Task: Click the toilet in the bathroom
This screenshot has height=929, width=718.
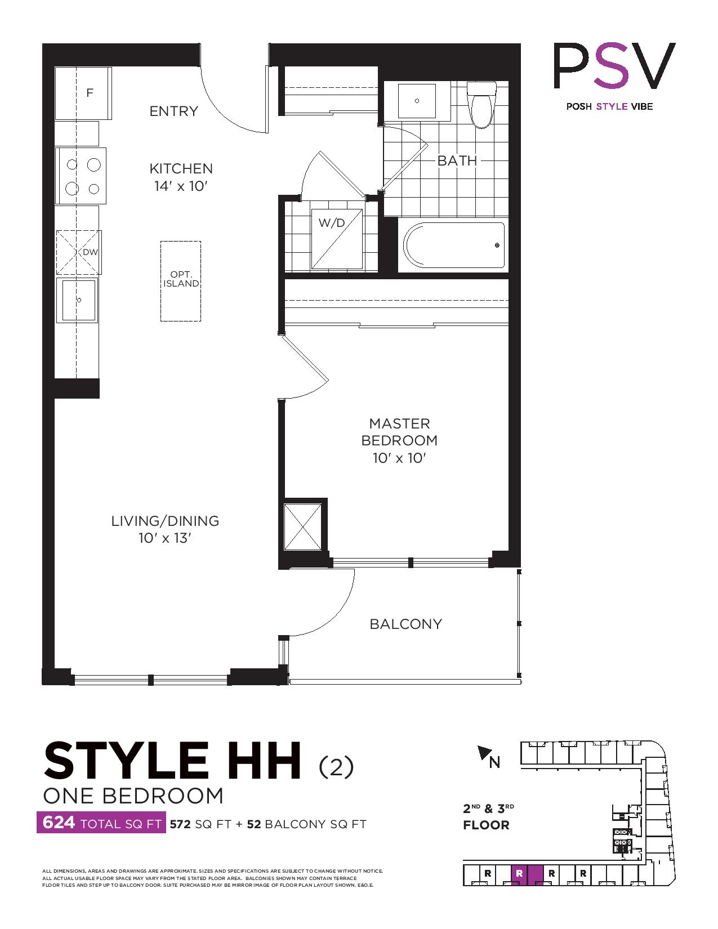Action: click(x=481, y=104)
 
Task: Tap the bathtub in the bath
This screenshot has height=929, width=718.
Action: click(x=454, y=245)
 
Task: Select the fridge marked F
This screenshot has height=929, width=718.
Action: click(x=83, y=93)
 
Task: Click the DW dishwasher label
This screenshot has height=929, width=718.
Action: click(x=90, y=252)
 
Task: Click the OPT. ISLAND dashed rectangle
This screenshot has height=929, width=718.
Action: click(x=181, y=281)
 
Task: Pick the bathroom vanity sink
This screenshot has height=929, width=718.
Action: click(x=417, y=101)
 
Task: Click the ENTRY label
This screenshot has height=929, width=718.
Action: click(x=173, y=111)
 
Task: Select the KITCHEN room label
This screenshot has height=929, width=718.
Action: click(x=181, y=168)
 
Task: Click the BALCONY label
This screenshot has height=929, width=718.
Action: click(x=405, y=624)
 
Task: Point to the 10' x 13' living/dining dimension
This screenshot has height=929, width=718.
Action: click(x=164, y=538)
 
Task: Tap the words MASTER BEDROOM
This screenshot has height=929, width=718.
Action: click(x=399, y=432)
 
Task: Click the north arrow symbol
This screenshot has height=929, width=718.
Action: click(x=484, y=753)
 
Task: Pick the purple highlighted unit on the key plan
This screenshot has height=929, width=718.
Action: click(x=527, y=874)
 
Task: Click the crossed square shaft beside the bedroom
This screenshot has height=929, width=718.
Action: click(x=302, y=526)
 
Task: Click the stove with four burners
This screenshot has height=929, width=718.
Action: click(x=82, y=176)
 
